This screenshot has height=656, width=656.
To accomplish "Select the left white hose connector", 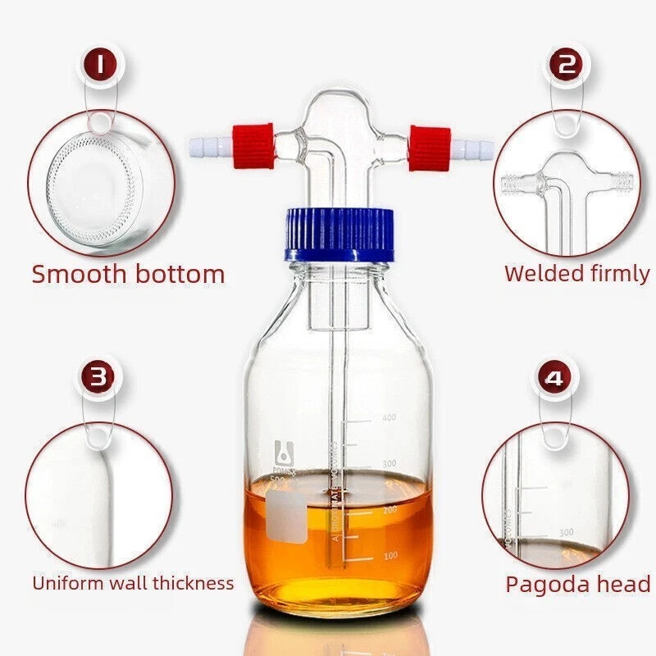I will [x=206, y=147].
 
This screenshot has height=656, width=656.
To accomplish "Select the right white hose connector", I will [x=471, y=148].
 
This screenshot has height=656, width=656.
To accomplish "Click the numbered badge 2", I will [x=565, y=65].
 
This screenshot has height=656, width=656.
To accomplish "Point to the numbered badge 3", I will [x=99, y=378].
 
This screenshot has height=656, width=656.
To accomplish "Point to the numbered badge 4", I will [x=556, y=379].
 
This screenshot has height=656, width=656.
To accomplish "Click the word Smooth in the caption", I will [x=75, y=274].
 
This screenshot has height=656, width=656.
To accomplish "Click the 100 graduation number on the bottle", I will [x=388, y=556].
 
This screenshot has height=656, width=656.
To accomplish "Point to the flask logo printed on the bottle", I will [x=284, y=450].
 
